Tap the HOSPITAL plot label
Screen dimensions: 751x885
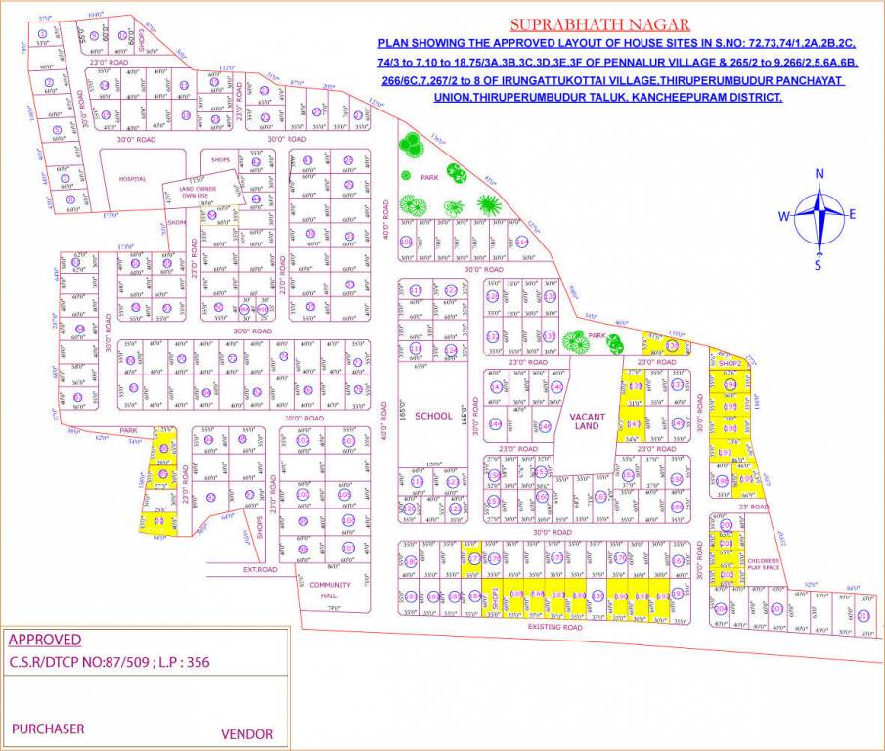tap(132, 179)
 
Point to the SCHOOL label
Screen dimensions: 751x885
tap(433, 416)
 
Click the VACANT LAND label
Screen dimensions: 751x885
tap(586, 421)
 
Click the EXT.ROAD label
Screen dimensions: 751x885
tap(263, 568)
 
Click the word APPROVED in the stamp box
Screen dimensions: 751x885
tap(45, 640)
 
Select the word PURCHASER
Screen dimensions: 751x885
tap(48, 729)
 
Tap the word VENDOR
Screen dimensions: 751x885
tap(247, 733)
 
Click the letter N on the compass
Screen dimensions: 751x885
tap(819, 174)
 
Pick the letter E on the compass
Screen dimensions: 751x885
tap(852, 215)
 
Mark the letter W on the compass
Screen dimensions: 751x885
tap(784, 216)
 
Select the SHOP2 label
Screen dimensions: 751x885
tap(729, 363)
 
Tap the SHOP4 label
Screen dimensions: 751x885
tap(176, 222)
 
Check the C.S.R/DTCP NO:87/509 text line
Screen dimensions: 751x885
tap(109, 662)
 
